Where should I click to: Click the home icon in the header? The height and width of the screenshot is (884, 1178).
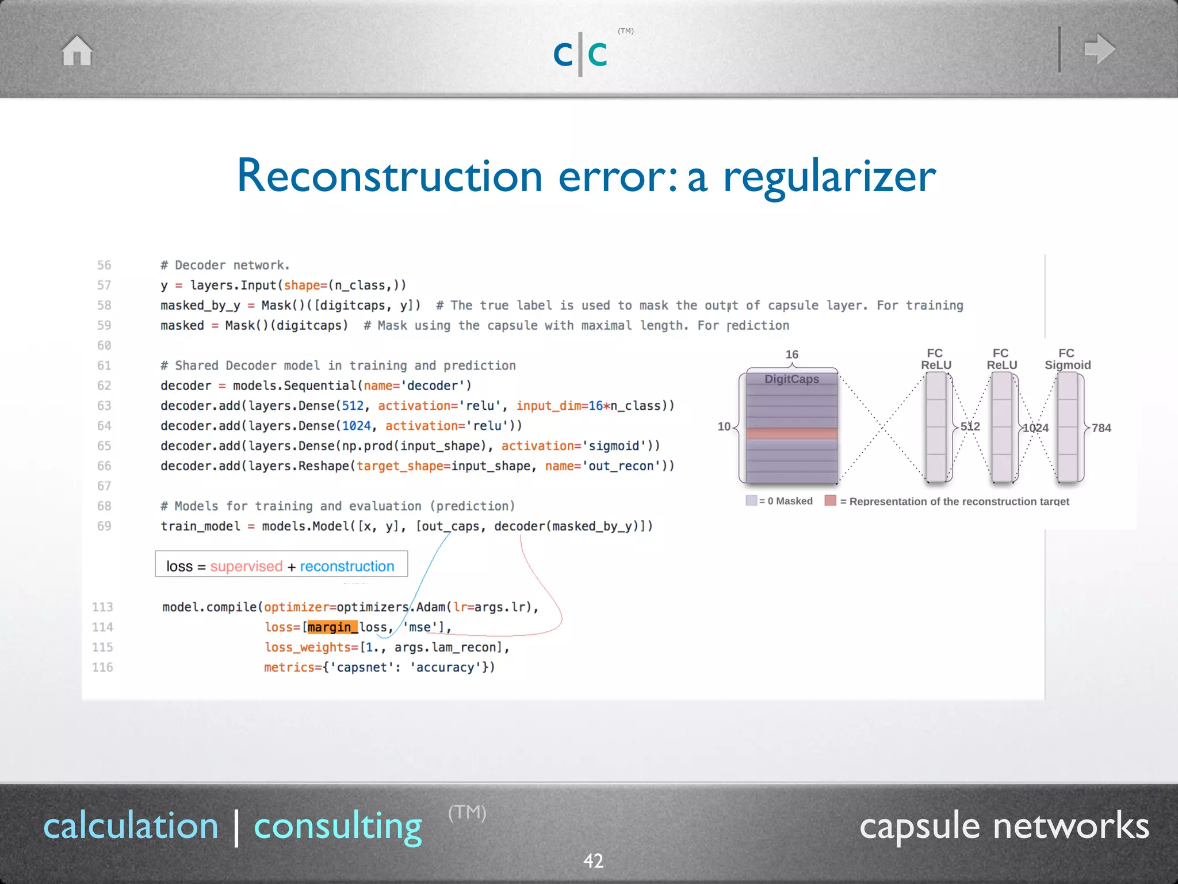click(x=77, y=51)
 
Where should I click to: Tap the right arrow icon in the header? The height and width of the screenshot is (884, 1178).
click(x=1099, y=49)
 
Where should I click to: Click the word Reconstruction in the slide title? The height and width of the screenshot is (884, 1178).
click(x=389, y=176)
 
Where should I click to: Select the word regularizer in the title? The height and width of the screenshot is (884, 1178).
click(x=829, y=177)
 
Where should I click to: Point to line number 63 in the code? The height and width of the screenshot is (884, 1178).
click(x=104, y=406)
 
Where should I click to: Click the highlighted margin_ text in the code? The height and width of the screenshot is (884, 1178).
click(x=332, y=627)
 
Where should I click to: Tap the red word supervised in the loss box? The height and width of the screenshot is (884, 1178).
click(x=246, y=566)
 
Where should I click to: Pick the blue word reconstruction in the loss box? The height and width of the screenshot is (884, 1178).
click(x=347, y=566)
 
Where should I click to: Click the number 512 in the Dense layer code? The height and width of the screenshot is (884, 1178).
click(x=353, y=406)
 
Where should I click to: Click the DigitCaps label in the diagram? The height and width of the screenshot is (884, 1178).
click(x=791, y=379)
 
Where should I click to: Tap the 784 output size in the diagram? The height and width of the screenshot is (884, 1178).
click(x=1101, y=428)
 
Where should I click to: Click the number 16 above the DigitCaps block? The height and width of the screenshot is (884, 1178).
click(x=791, y=355)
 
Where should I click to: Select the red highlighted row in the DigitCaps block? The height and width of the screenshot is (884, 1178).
click(x=791, y=433)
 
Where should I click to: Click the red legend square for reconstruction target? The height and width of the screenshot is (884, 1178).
click(x=830, y=501)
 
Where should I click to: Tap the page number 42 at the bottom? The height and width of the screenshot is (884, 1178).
click(x=593, y=861)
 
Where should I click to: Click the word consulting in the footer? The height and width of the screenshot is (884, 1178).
click(x=338, y=826)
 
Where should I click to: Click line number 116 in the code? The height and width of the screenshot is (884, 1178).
click(x=102, y=668)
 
